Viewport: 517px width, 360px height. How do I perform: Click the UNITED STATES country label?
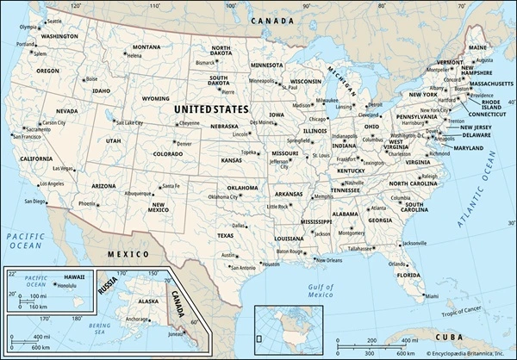pyautogui.click(x=211, y=110)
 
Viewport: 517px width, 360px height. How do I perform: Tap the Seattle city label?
pyautogui.click(x=54, y=20)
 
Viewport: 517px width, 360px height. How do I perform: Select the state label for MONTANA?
pyautogui.click(x=146, y=47)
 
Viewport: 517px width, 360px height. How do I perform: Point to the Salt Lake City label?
pyautogui.click(x=129, y=123)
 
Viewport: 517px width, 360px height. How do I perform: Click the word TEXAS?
pyautogui.click(x=225, y=235)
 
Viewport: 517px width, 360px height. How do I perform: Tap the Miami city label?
pyautogui.click(x=431, y=297)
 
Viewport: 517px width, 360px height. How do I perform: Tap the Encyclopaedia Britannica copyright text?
pyautogui.click(x=465, y=353)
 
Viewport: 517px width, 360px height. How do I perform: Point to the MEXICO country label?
pyautogui.click(x=127, y=255)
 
